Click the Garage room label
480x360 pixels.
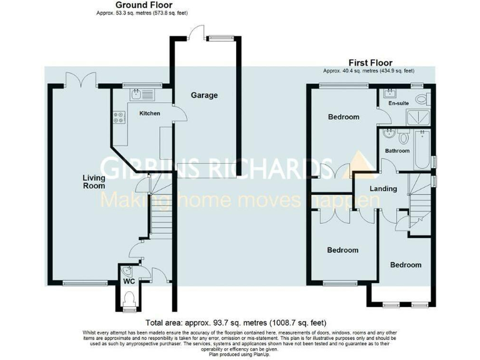coord(204,96)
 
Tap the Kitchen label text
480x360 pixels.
coord(149,114)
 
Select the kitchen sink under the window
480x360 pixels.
coord(137,94)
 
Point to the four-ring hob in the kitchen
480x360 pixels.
coord(117,116)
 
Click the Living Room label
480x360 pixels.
coord(94,181)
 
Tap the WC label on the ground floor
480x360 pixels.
coord(129,282)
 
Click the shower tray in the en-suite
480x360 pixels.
coord(416,116)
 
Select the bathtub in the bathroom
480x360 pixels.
coord(424,150)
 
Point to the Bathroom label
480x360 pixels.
coord(397,151)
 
